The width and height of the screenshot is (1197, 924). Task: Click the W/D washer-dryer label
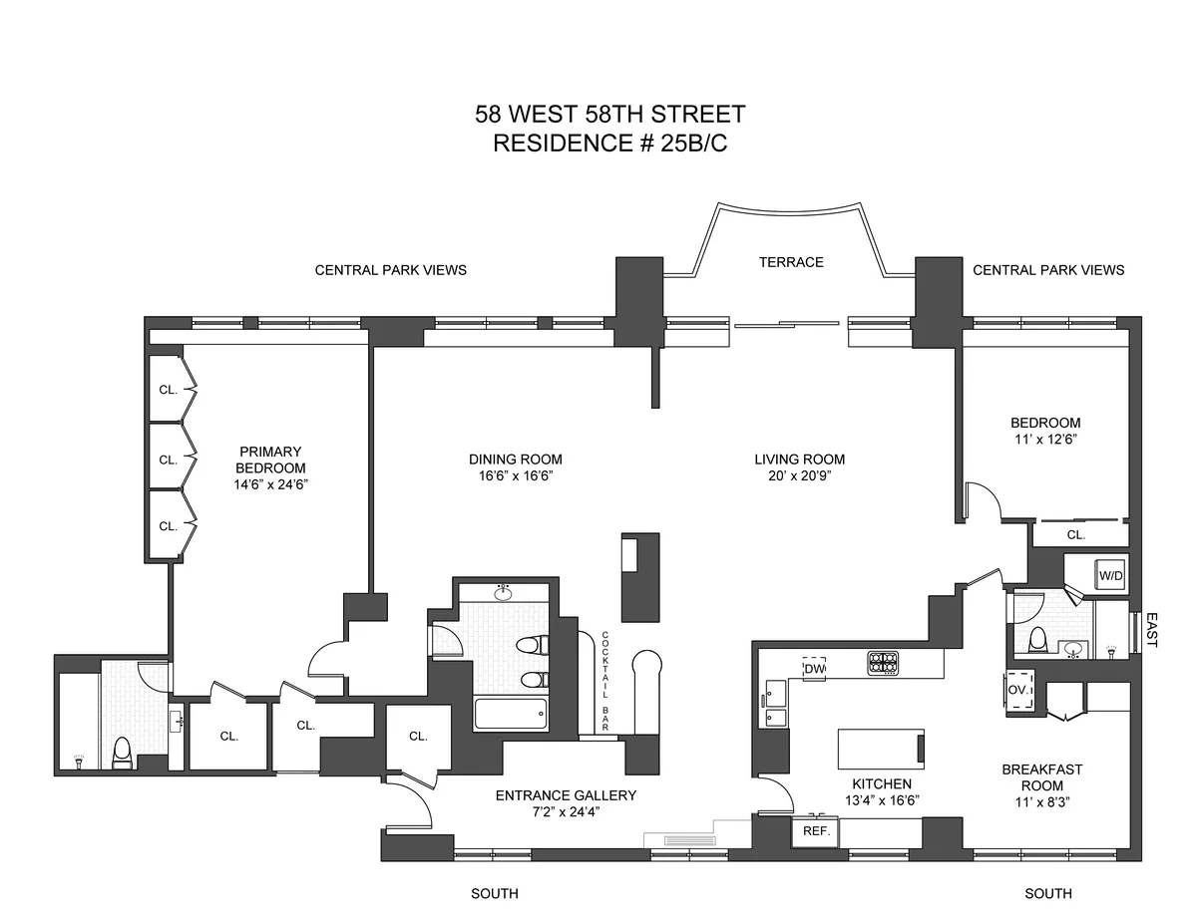click(x=1111, y=576)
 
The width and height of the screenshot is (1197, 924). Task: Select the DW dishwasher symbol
click(x=814, y=670)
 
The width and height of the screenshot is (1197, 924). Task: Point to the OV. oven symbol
click(x=1019, y=690)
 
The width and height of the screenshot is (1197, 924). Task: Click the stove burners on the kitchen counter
click(x=884, y=662)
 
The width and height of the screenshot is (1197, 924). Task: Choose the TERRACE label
click(x=790, y=262)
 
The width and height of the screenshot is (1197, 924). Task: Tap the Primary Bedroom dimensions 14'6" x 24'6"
click(x=269, y=486)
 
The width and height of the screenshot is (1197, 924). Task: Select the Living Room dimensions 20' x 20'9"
click(x=799, y=476)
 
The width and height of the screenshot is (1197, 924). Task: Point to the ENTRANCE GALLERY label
click(x=566, y=795)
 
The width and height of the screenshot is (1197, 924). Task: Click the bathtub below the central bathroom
click(x=511, y=715)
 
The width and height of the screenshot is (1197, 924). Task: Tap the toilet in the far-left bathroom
click(x=123, y=754)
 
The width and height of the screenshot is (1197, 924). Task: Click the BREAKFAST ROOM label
click(x=1042, y=777)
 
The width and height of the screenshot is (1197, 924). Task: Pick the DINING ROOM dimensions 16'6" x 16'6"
click(x=515, y=476)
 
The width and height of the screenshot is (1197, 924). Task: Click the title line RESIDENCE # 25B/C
click(x=610, y=144)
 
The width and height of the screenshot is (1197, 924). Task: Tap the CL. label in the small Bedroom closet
click(x=1075, y=535)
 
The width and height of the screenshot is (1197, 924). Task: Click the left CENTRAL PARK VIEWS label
click(x=390, y=270)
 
